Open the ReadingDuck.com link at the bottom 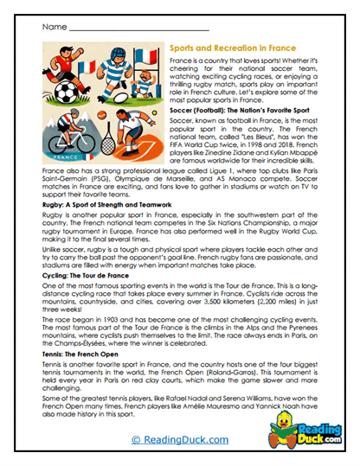[x=180, y=440]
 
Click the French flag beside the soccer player [x=87, y=66]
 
